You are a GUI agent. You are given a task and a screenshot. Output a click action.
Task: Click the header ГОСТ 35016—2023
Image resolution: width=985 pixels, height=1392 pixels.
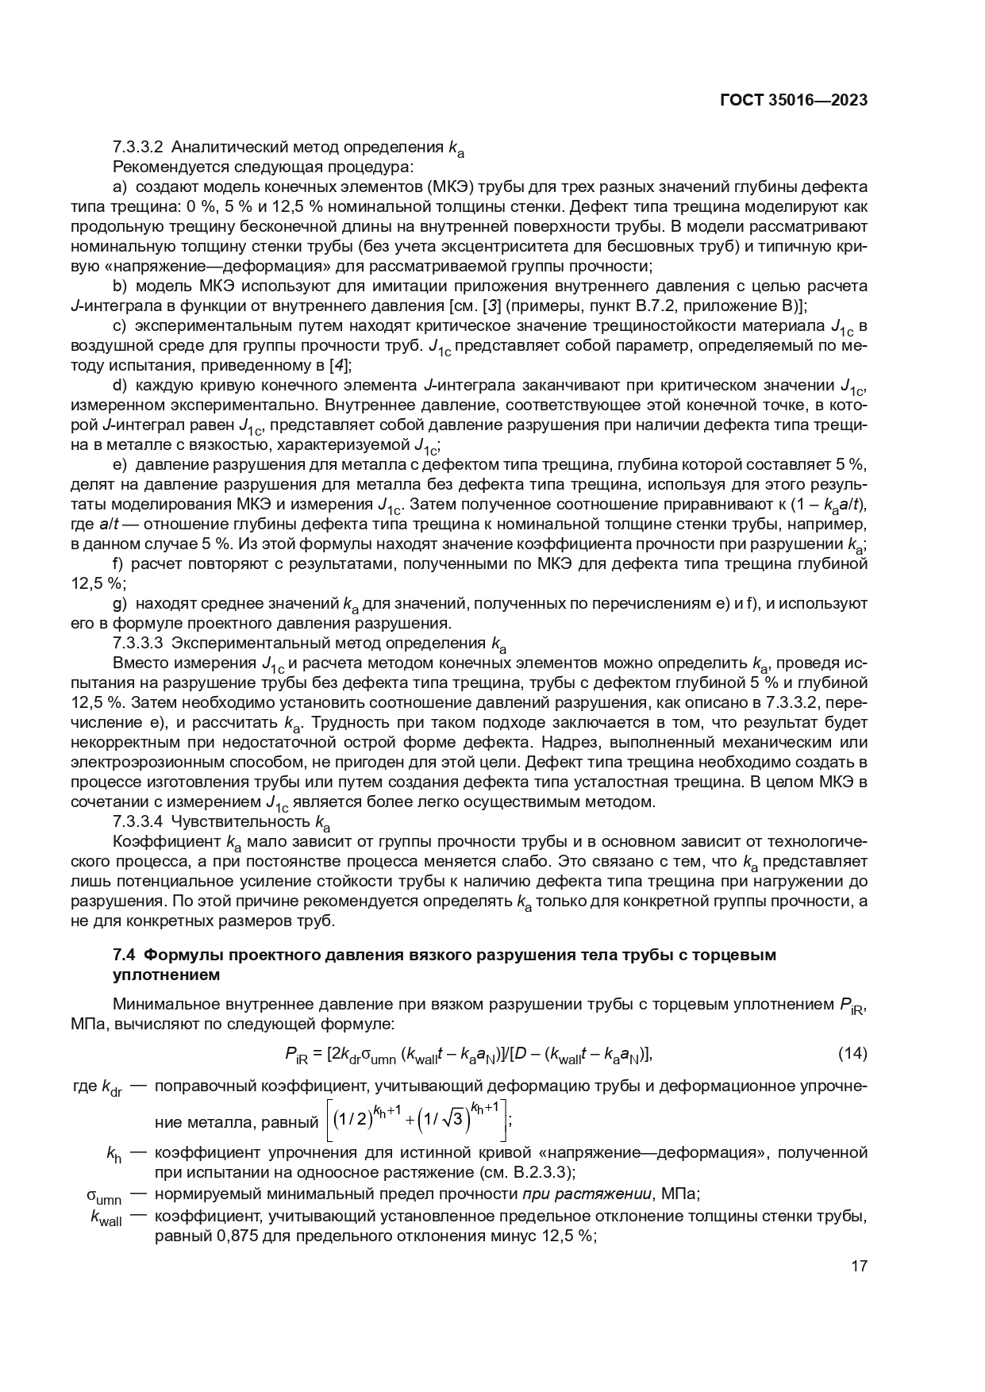tap(793, 101)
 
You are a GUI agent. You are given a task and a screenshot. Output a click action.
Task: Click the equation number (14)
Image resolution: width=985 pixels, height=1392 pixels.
tap(852, 1054)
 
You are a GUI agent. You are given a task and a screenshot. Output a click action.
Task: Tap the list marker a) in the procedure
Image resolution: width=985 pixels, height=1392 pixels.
tap(121, 186)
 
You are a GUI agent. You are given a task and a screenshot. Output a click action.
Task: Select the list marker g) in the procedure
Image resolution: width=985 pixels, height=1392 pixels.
tap(121, 603)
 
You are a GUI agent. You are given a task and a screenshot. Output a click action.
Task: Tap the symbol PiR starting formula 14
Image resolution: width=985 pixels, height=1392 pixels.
tap(295, 1055)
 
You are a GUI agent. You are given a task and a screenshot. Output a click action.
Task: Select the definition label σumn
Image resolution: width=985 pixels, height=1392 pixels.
tap(104, 1196)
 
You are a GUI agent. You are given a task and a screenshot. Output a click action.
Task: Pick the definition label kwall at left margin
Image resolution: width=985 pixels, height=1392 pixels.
tap(106, 1218)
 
